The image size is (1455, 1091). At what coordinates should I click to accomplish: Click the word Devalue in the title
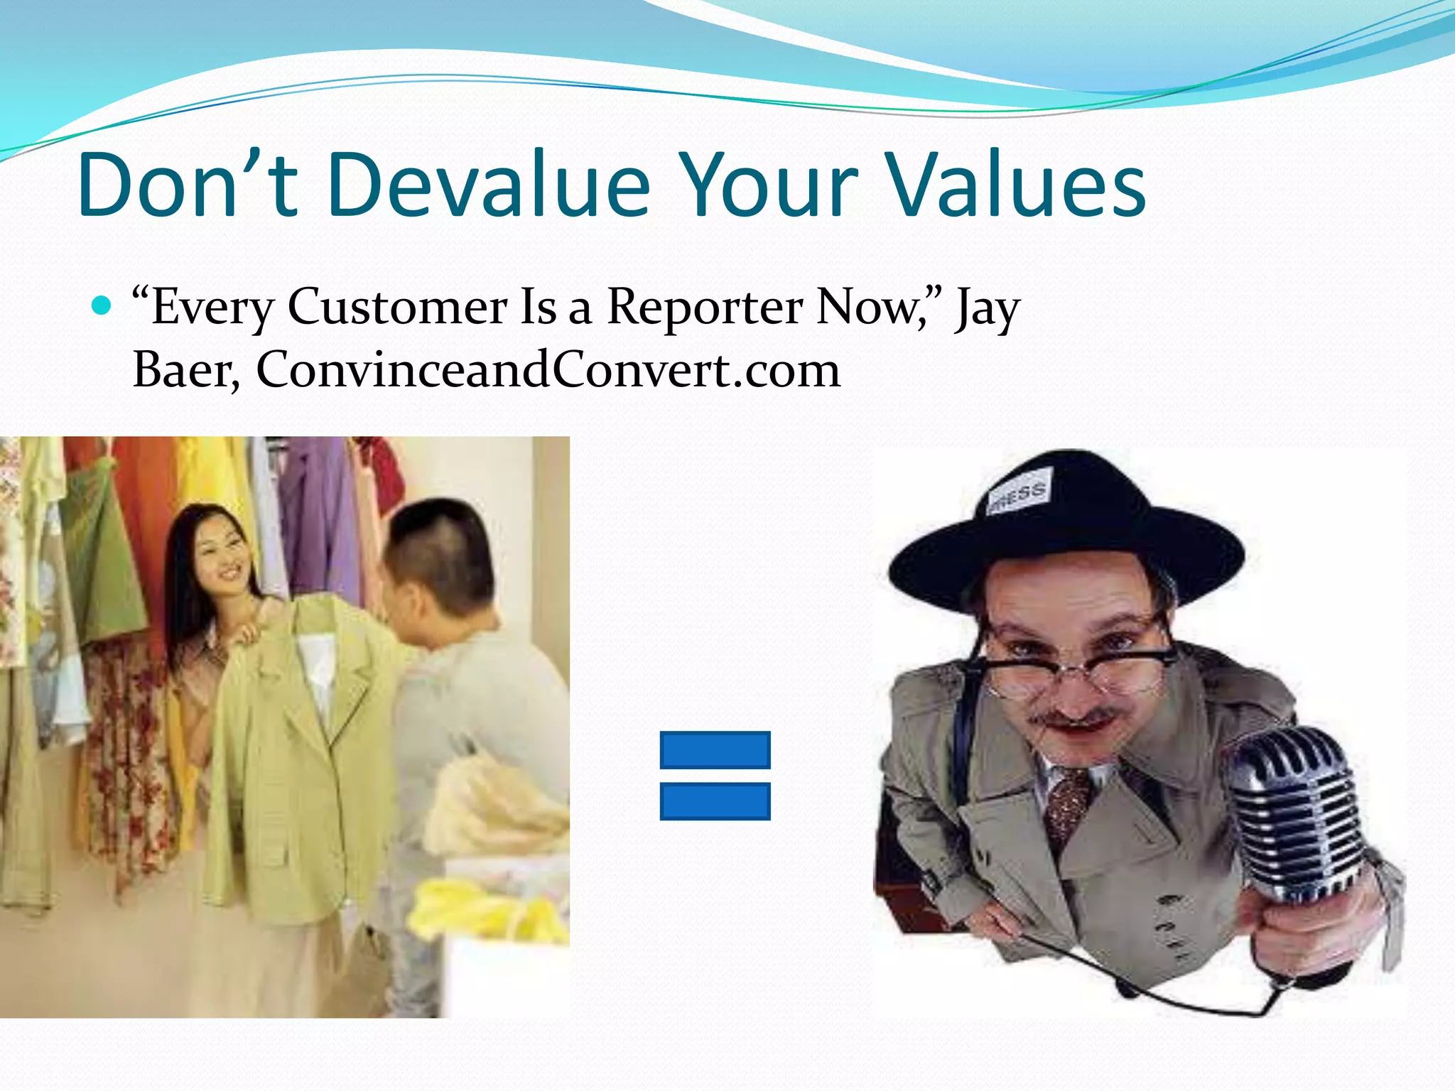coord(489,186)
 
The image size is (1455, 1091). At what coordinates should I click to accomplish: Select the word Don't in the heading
coord(187,186)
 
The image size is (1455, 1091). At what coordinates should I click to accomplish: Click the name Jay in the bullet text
coord(987,308)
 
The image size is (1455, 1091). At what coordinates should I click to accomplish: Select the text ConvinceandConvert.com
coord(548,371)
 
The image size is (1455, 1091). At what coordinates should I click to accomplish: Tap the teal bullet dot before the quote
coord(103,305)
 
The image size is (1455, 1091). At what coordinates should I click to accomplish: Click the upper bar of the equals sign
coord(715,750)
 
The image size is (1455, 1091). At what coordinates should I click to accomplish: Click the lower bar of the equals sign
coord(715,801)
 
